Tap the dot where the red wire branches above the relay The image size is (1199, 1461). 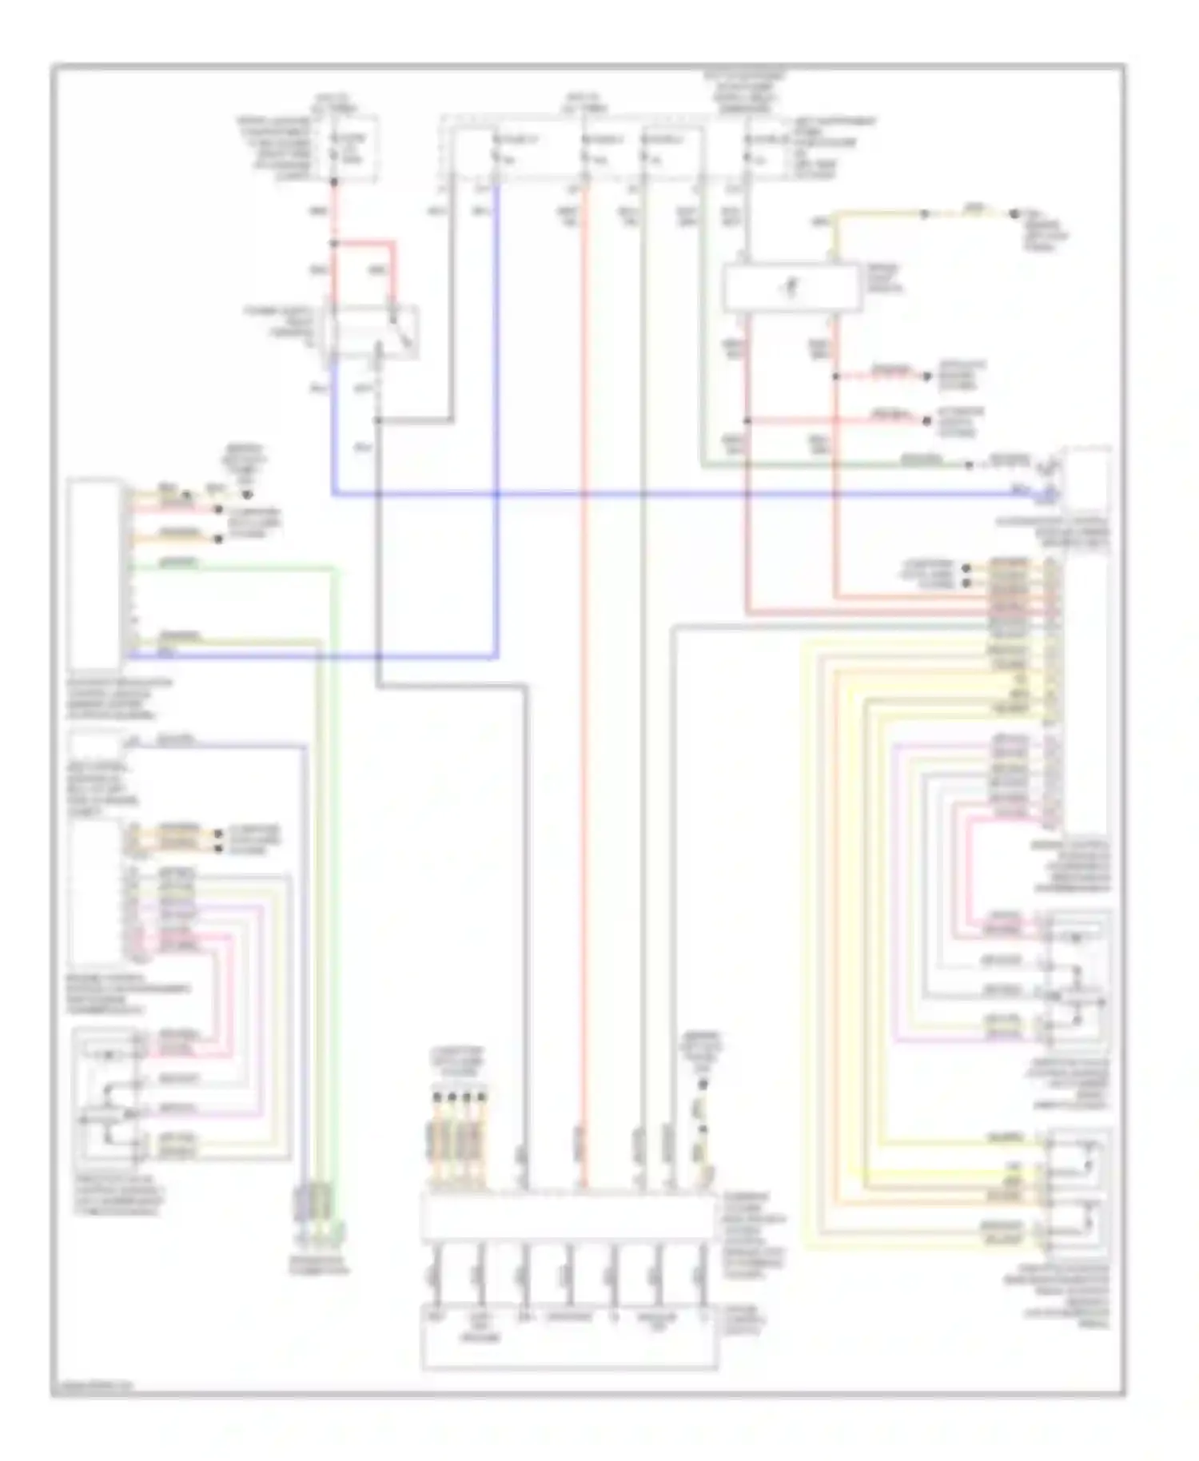pos(335,242)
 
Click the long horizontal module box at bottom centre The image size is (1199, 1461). pos(568,1217)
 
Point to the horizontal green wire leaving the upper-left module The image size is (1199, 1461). pos(232,568)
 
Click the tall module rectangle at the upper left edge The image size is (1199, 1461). pos(95,573)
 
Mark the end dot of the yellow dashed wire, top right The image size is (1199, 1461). pos(1014,214)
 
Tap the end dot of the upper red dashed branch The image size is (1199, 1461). pos(927,376)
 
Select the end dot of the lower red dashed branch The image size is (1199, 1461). pos(927,420)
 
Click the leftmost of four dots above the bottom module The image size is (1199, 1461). pos(436,1097)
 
